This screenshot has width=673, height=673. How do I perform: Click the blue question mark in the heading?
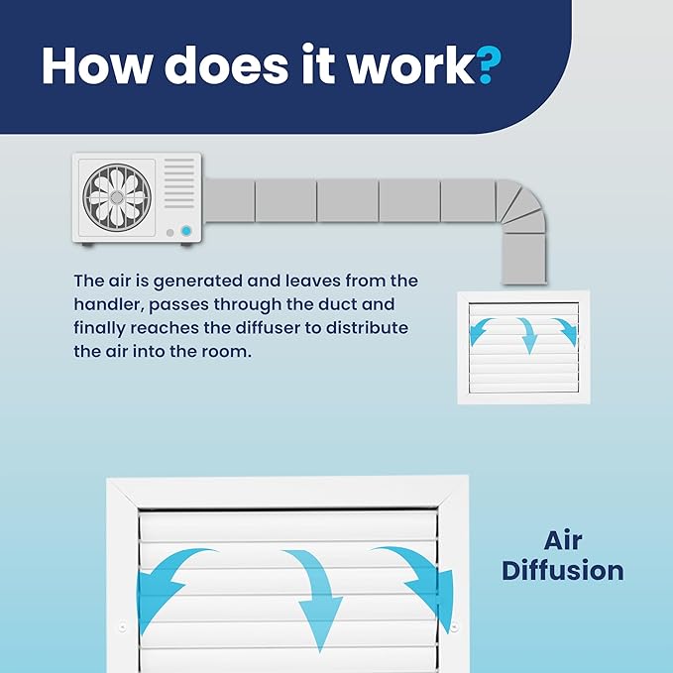pyautogui.click(x=490, y=64)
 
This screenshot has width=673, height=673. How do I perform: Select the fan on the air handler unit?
pyautogui.click(x=117, y=197)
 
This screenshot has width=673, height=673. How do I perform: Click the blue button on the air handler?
pyautogui.click(x=186, y=231)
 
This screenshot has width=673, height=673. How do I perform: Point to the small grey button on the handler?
pyautogui.click(x=169, y=233)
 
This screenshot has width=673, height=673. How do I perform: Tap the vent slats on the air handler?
pyautogui.click(x=179, y=183)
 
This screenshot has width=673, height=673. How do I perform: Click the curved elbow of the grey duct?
pyautogui.click(x=521, y=205)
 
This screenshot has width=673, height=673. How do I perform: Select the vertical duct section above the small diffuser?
pyautogui.click(x=524, y=259)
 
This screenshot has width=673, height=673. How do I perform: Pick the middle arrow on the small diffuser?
pyautogui.click(x=528, y=335)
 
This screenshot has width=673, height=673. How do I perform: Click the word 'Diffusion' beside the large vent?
pyautogui.click(x=563, y=571)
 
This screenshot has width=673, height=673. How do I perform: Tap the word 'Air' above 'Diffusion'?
pyautogui.click(x=563, y=540)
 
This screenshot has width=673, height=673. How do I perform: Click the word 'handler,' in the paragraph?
pyautogui.click(x=108, y=304)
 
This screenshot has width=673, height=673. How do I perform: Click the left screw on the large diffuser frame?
pyautogui.click(x=122, y=627)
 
